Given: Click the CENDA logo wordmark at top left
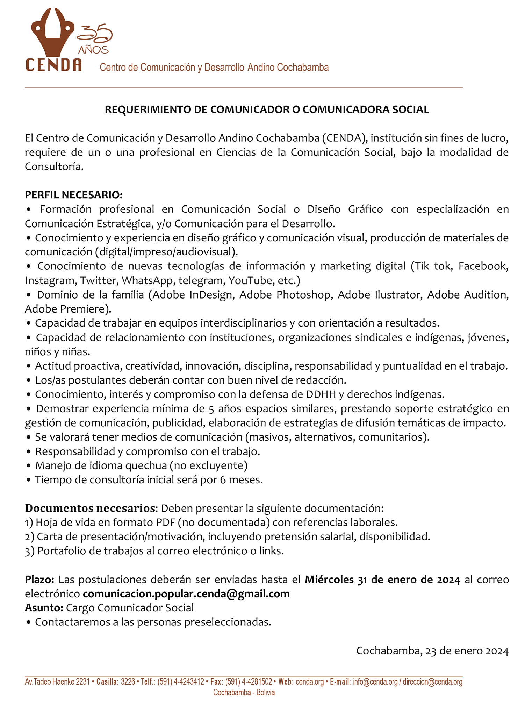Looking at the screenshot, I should point(53,65).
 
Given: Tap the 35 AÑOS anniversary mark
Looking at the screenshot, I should point(94,40).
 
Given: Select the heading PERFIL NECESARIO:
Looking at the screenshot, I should point(74,195).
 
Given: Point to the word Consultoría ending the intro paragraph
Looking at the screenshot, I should point(54,167).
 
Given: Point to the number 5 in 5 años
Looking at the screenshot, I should point(211,409).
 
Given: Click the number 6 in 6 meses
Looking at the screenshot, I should point(222,480).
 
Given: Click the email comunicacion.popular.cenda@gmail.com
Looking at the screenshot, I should point(186,594).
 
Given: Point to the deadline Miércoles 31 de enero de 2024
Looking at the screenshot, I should point(382,580).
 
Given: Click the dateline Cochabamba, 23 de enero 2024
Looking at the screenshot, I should point(432,651).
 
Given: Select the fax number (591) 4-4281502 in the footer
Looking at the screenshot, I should point(249,682).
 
